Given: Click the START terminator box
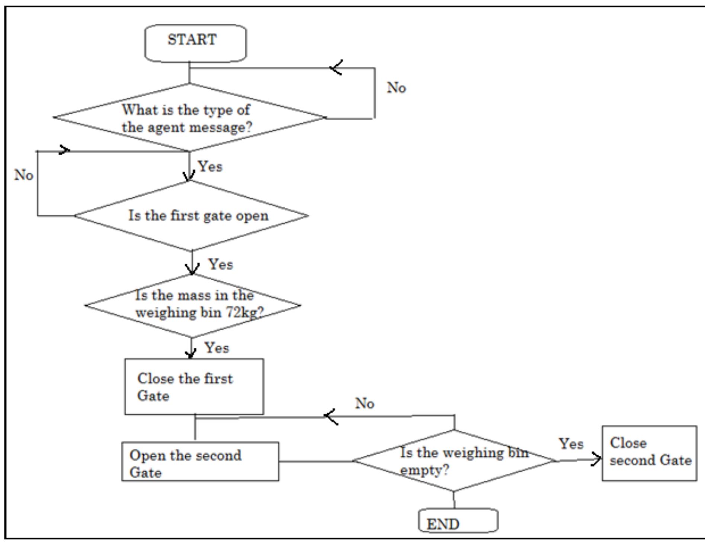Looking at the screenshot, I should pos(195,42).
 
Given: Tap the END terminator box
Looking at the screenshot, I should pos(458,520).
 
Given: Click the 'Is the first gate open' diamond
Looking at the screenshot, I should pos(191,216).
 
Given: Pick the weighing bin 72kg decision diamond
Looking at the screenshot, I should pos(193,305).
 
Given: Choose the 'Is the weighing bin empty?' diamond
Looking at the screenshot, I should pos(454,461).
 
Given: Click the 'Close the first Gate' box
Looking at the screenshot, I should pos(194,386).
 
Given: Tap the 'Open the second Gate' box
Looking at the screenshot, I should pos(200,462).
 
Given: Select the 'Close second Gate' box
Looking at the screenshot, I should pos(649,453).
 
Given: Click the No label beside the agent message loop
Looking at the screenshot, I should pos(396,88).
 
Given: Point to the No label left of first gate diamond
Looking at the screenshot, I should pos(24,175).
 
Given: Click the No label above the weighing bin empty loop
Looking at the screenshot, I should pos(364,403).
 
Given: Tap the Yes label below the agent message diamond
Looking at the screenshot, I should pos(210,166).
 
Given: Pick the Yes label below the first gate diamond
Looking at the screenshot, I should pos(221,264).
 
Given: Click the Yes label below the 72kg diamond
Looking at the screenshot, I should pos(217,348).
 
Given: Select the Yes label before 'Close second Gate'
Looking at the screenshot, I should pos(571,443).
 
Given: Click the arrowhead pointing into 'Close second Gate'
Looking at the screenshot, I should pos(597,459).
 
